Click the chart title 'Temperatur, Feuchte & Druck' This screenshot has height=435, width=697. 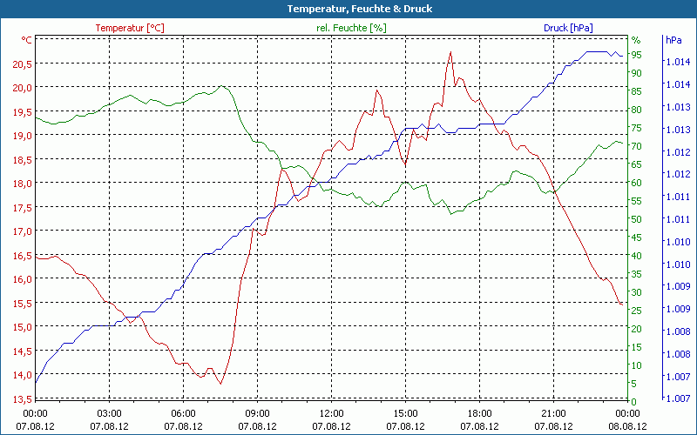click(348, 9)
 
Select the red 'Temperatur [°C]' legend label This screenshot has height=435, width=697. click(129, 28)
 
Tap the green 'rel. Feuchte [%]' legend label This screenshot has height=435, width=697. click(350, 28)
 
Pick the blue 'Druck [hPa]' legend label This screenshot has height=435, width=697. click(568, 28)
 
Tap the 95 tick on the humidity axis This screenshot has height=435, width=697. click(637, 55)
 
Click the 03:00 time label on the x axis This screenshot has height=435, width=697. click(110, 413)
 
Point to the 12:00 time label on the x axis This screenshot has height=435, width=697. click(332, 413)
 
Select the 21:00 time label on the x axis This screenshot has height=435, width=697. click(554, 413)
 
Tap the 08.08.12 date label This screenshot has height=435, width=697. click(628, 426)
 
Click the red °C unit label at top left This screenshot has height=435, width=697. click(27, 40)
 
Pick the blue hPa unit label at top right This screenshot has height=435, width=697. click(673, 40)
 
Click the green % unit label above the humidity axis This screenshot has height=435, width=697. click(635, 40)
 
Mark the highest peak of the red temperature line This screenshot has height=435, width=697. click(450, 52)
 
